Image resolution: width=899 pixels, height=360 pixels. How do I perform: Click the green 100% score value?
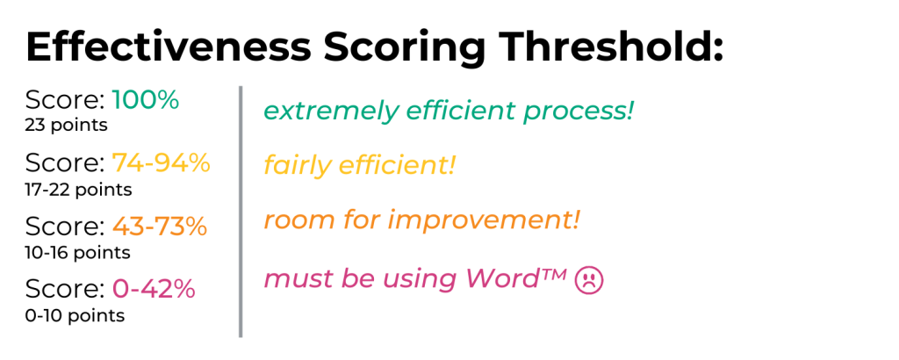point(145,100)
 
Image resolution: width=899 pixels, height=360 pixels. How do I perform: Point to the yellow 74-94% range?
point(161,162)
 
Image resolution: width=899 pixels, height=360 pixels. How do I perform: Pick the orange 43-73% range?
point(159,227)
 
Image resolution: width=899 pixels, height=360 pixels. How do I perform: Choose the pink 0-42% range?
point(153,289)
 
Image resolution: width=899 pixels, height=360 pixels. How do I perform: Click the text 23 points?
point(67,126)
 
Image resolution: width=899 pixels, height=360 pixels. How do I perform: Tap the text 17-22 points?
point(79,189)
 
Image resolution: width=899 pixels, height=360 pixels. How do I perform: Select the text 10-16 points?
point(78,253)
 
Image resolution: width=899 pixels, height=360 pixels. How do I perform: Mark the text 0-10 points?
point(75,315)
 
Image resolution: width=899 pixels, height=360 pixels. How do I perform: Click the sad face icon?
point(587,281)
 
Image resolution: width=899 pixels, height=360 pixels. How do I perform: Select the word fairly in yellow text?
point(293,165)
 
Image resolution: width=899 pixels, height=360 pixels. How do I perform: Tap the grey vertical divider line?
point(240,211)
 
